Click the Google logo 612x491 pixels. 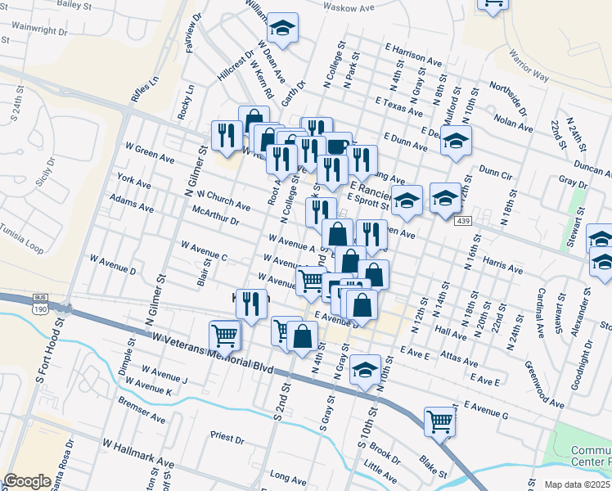(x=27, y=481)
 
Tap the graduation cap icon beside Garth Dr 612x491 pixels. (x=283, y=29)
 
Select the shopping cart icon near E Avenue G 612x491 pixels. (x=440, y=422)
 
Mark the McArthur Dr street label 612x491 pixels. (x=215, y=215)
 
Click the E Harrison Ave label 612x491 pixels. (x=421, y=56)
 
